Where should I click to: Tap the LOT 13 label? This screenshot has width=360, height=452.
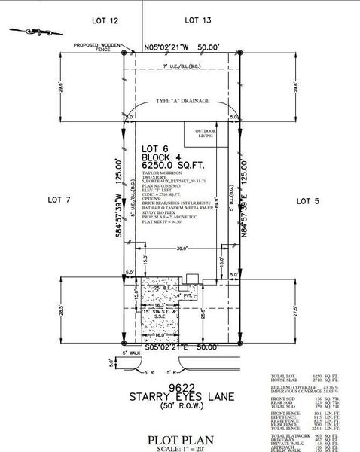(x=197, y=20)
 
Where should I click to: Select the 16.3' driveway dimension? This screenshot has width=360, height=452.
(x=153, y=304)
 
